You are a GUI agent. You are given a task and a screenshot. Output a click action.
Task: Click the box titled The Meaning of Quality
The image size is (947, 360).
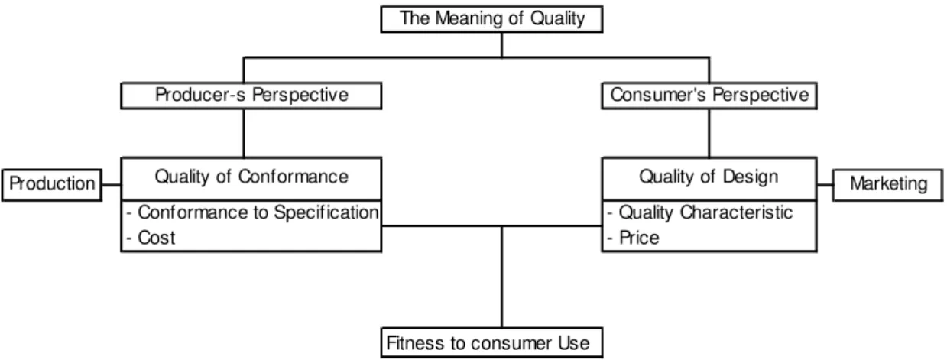pyautogui.click(x=491, y=19)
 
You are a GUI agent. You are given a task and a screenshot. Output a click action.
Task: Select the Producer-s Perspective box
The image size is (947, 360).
pyautogui.click(x=251, y=96)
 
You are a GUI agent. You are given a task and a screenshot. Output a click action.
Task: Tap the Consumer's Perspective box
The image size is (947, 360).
pyautogui.click(x=709, y=96)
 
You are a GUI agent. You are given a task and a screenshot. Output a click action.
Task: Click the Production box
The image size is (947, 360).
pyautogui.click(x=51, y=185)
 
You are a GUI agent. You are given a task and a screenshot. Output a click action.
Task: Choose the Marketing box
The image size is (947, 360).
pyautogui.click(x=888, y=185)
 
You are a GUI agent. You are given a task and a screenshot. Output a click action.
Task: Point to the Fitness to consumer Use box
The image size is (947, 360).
pyautogui.click(x=491, y=342)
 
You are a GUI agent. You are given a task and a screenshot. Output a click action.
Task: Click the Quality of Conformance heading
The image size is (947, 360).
pyautogui.click(x=251, y=177)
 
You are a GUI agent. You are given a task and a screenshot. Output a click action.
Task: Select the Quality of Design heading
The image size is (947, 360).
pyautogui.click(x=709, y=177)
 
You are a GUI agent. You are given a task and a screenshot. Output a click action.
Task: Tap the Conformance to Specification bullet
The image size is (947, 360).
pyautogui.click(x=252, y=212)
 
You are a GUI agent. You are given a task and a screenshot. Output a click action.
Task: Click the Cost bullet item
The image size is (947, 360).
pyautogui.click(x=151, y=238)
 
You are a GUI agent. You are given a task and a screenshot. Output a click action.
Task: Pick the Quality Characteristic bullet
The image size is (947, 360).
pyautogui.click(x=699, y=212)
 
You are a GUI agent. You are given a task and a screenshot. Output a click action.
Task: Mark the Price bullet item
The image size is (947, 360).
pyautogui.click(x=633, y=238)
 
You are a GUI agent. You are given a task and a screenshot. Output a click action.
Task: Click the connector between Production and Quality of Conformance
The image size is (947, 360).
pyautogui.click(x=112, y=185)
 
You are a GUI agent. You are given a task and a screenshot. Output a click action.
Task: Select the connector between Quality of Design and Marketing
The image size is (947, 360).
pyautogui.click(x=825, y=185)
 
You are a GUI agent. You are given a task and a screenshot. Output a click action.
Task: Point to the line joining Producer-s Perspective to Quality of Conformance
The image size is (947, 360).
pyautogui.click(x=244, y=134)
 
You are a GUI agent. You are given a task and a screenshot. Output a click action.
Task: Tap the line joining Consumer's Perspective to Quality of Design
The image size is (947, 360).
pyautogui.click(x=709, y=134)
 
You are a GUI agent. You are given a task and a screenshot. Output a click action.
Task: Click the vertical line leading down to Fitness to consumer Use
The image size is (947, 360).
pyautogui.click(x=502, y=277)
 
